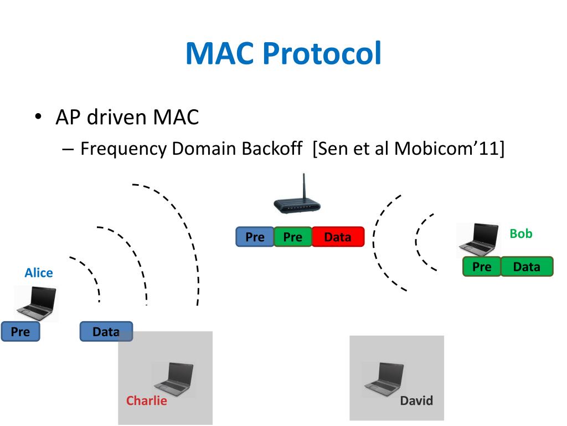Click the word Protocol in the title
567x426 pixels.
(x=322, y=53)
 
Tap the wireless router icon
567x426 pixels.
(x=297, y=195)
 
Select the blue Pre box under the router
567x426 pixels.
(x=255, y=237)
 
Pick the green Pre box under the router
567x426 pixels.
(x=293, y=237)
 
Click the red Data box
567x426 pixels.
(x=338, y=237)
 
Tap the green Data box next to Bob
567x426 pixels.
(x=527, y=267)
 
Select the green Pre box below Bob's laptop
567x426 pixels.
(x=482, y=267)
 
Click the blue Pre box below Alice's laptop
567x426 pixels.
(x=20, y=332)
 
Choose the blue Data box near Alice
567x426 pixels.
(x=106, y=332)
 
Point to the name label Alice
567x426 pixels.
(x=39, y=273)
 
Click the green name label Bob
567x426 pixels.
(x=521, y=234)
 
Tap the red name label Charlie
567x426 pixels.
(x=146, y=400)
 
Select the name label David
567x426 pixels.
(x=416, y=400)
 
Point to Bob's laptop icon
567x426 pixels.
(x=479, y=240)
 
